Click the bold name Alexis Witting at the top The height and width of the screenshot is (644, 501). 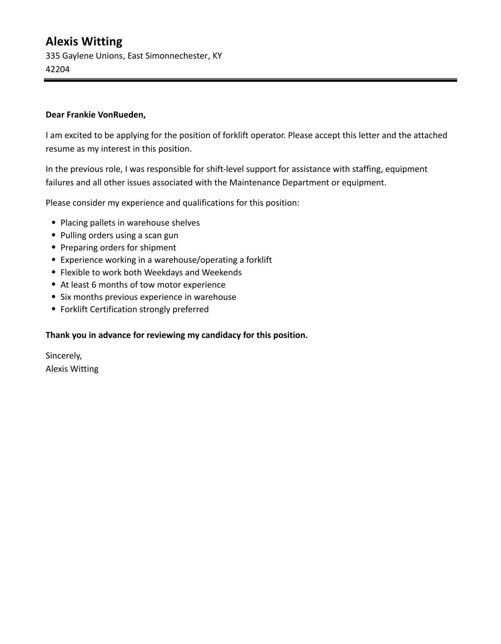pyautogui.click(x=84, y=42)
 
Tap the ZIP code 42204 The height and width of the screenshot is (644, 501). pyautogui.click(x=58, y=69)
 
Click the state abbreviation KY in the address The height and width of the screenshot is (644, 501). pyautogui.click(x=217, y=56)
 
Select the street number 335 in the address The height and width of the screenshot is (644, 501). pyautogui.click(x=53, y=56)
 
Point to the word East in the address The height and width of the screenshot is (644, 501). pyautogui.click(x=135, y=56)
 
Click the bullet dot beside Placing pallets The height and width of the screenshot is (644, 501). pyautogui.click(x=54, y=223)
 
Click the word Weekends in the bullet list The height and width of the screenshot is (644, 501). pyautogui.click(x=222, y=273)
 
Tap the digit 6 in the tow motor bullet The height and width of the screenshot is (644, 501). pyautogui.click(x=94, y=285)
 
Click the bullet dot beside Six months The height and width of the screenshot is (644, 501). pyautogui.click(x=54, y=297)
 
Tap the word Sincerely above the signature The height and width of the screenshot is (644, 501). pyautogui.click(x=63, y=356)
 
